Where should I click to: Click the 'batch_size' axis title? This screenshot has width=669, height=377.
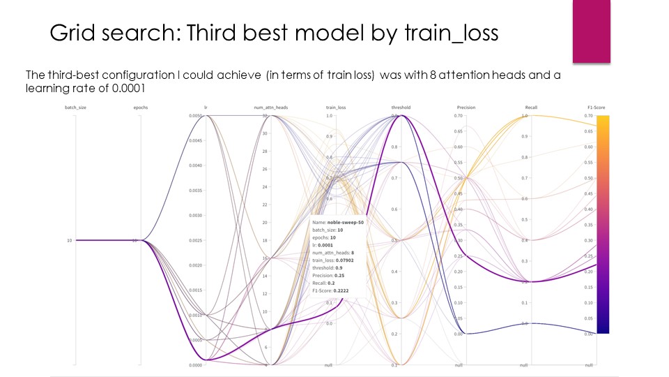(x=75, y=108)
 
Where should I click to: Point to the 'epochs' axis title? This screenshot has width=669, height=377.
(x=139, y=108)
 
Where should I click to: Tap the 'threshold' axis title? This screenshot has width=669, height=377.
(x=401, y=108)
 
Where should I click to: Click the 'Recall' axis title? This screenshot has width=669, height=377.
(x=530, y=108)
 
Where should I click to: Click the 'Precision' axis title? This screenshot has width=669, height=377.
(x=466, y=108)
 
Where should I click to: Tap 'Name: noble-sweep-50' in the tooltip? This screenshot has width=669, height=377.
(x=338, y=222)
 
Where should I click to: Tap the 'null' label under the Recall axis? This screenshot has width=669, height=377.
(x=523, y=366)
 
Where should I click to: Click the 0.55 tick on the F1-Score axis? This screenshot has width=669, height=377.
(x=589, y=163)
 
